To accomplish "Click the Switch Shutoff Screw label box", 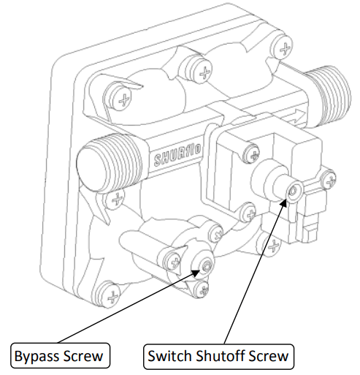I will [218, 357].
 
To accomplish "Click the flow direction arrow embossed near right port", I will [292, 110].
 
